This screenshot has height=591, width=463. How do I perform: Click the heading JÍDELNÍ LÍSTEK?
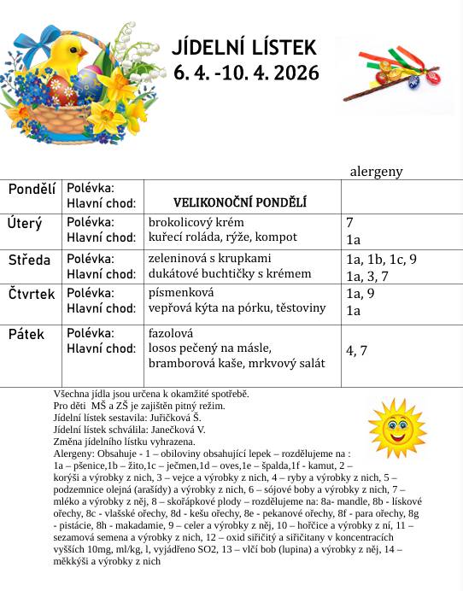[244, 47]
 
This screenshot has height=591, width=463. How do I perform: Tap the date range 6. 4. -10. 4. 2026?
[244, 73]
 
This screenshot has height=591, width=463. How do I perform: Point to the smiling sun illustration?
[396, 425]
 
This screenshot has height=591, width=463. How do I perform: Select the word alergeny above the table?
[376, 172]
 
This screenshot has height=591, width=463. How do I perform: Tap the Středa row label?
[29, 260]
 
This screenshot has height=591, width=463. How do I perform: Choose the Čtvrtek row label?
[32, 295]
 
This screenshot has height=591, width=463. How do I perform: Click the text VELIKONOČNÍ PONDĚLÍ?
[240, 203]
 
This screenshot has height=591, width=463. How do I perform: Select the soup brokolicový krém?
[196, 222]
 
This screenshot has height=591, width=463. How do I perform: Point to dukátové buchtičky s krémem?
[230, 274]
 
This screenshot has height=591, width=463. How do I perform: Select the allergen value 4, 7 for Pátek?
[356, 350]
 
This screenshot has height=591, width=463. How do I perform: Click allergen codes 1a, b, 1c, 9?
[381, 259]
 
